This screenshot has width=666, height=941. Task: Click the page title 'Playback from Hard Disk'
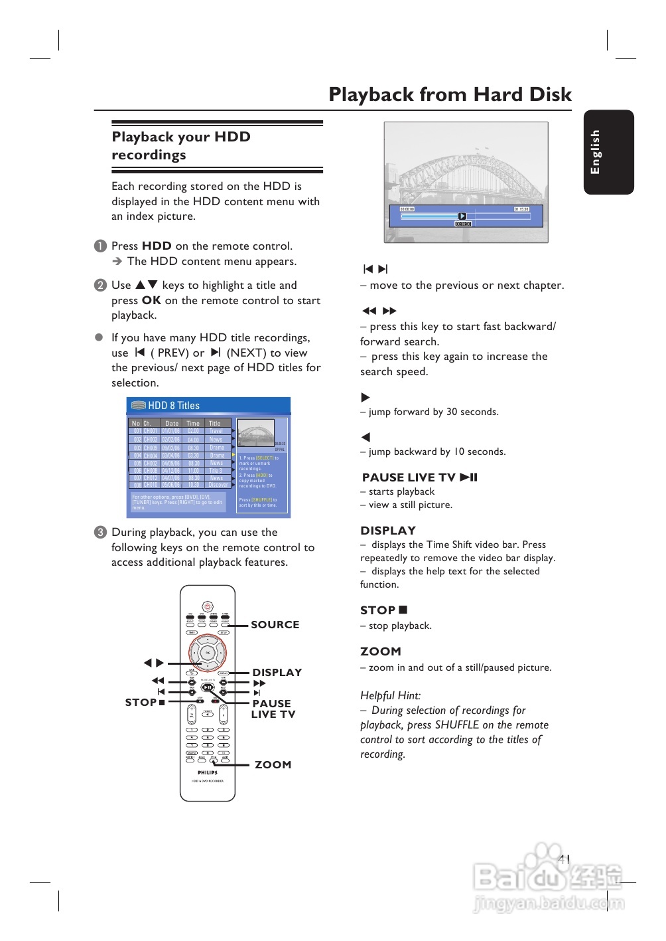pyautogui.click(x=450, y=94)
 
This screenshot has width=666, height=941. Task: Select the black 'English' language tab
pyautogui.click(x=608, y=152)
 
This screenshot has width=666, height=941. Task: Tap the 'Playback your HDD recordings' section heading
pyautogui.click(x=181, y=145)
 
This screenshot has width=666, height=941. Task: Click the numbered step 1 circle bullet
pyautogui.click(x=100, y=246)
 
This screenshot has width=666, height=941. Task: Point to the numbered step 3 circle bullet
pyautogui.click(x=100, y=532)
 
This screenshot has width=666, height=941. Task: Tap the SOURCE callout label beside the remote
pyautogui.click(x=275, y=624)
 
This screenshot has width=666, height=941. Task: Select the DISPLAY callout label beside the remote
pyautogui.click(x=277, y=672)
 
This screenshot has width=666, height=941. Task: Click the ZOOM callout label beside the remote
pyautogui.click(x=273, y=764)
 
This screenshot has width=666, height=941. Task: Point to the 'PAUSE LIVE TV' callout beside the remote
pyautogui.click(x=273, y=709)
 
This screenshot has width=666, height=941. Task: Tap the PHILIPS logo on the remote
pyautogui.click(x=208, y=772)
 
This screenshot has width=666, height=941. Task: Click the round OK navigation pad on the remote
pyautogui.click(x=208, y=653)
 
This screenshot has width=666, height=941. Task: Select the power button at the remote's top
pyautogui.click(x=208, y=606)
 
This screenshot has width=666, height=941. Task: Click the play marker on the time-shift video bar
pyautogui.click(x=462, y=216)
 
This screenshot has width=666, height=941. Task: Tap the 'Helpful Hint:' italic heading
pyautogui.click(x=390, y=695)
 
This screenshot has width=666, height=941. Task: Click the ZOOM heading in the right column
pyautogui.click(x=381, y=651)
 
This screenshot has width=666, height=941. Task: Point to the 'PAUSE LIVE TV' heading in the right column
pyautogui.click(x=419, y=477)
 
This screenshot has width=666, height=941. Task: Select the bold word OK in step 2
pyautogui.click(x=151, y=300)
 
